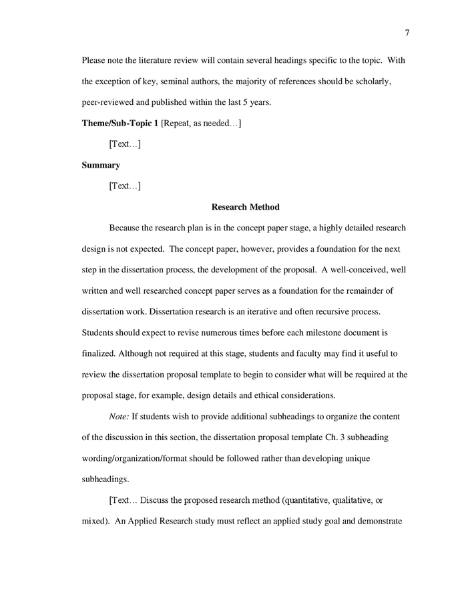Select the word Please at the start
point(95,60)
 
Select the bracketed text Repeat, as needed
point(201,124)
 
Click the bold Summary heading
point(101,165)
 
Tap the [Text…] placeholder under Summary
point(125,186)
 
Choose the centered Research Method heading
point(245,207)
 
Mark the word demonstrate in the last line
point(377,520)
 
